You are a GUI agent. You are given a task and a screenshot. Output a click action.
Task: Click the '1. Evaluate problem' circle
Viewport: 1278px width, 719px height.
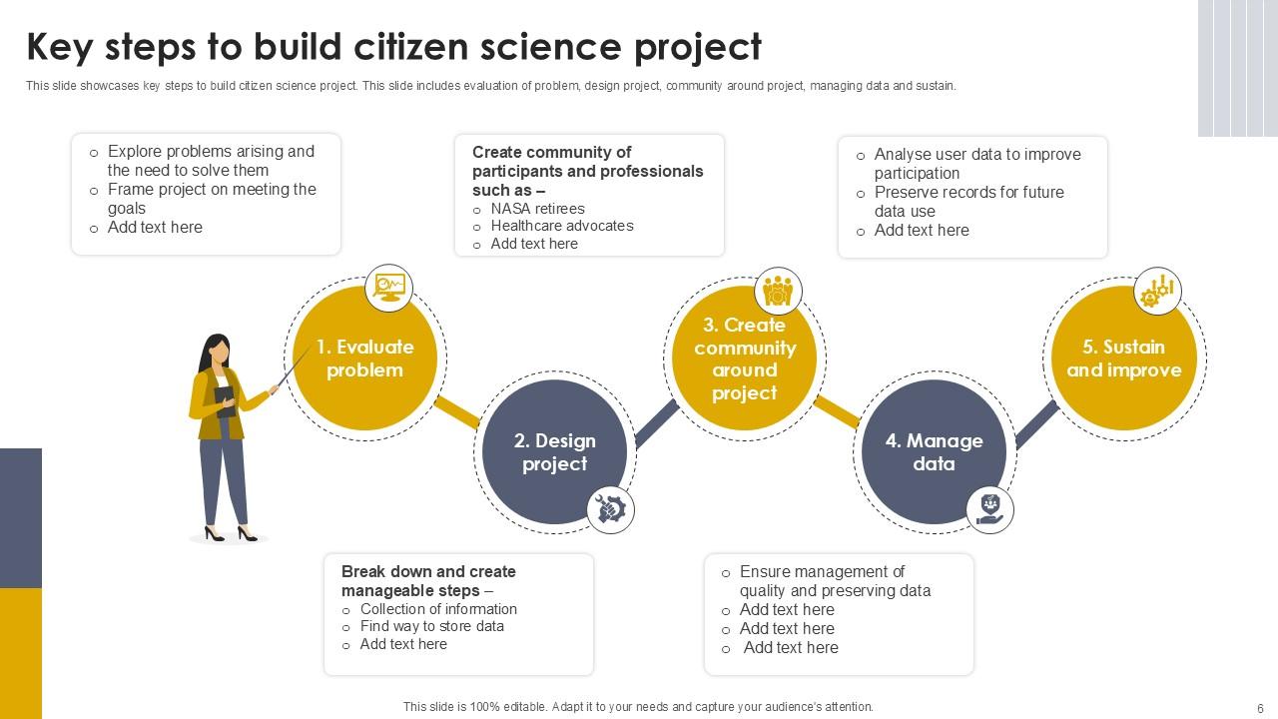[365, 358]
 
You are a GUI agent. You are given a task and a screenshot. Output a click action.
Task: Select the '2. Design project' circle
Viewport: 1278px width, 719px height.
[554, 451]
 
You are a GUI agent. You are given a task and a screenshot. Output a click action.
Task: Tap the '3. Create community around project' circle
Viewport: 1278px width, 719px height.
[745, 359]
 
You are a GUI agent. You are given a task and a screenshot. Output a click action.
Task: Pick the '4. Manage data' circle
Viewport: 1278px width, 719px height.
[934, 451]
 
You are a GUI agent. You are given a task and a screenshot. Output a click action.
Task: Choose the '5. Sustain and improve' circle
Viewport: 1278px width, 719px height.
[1123, 358]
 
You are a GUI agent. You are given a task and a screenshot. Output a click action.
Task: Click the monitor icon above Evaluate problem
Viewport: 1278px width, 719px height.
[388, 288]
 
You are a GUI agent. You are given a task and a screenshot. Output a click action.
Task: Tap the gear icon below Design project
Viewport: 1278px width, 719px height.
[609, 509]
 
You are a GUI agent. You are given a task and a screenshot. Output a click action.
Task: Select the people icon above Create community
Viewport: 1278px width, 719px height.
[778, 291]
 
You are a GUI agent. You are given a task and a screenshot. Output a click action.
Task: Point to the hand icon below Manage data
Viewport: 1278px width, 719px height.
[989, 509]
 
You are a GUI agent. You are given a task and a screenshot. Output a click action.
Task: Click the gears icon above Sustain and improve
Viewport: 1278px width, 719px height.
[1157, 291]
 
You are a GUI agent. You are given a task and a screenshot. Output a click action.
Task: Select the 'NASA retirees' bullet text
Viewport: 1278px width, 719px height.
[537, 209]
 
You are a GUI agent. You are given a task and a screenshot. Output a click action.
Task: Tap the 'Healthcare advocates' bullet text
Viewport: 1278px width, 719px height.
[562, 226]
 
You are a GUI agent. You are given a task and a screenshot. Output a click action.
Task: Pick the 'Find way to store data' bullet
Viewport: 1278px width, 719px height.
[432, 626]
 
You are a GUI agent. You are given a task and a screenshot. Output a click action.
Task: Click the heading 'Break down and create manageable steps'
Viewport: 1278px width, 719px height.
[428, 580]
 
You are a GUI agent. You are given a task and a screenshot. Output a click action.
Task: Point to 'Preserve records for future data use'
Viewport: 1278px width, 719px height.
[968, 201]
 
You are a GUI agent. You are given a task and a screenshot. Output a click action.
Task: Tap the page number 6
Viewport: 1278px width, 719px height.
[1260, 707]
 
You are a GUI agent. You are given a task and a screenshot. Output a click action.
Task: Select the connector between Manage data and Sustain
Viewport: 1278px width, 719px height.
[1037, 423]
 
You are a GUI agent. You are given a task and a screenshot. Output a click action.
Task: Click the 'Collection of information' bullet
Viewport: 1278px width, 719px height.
[438, 609]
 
